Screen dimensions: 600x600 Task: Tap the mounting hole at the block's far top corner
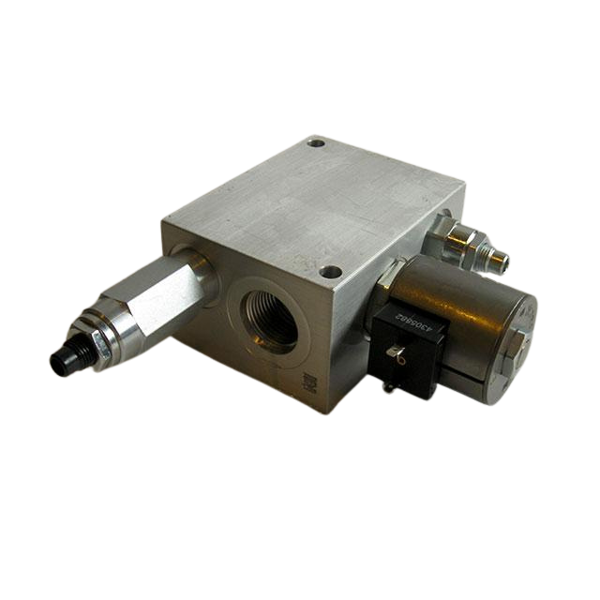(317, 145)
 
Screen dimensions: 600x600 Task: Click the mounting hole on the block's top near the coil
(329, 272)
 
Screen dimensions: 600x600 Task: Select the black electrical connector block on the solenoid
(401, 352)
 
